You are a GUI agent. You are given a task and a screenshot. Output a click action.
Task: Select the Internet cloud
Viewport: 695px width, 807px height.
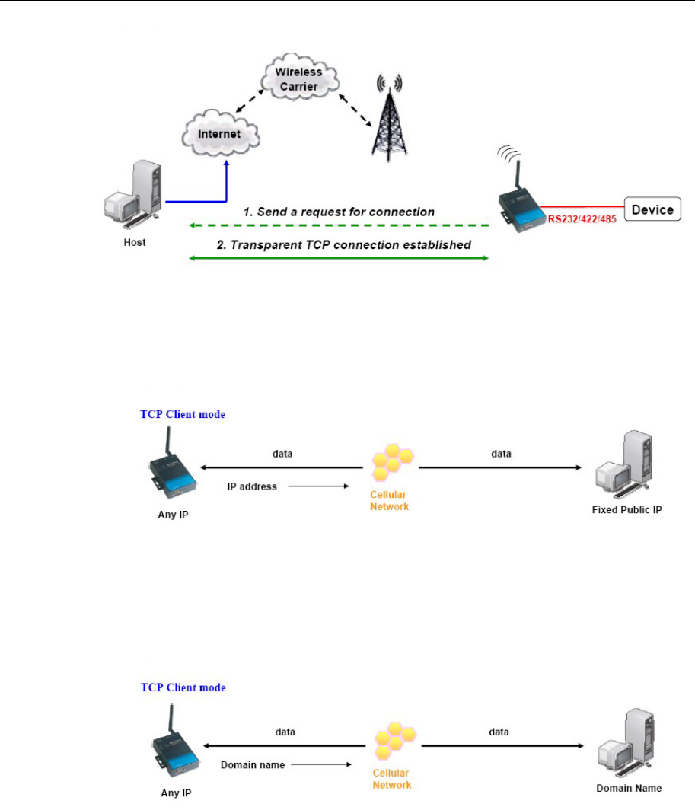pos(219,134)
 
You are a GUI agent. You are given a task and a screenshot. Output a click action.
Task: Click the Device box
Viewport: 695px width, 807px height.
pos(652,209)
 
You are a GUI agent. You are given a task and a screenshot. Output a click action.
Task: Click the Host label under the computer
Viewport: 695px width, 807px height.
pos(134,242)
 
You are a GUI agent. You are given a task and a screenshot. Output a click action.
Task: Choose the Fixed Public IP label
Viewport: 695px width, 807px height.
pos(626,509)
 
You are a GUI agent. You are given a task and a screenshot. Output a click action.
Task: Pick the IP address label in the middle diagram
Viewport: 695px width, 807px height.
pos(252,485)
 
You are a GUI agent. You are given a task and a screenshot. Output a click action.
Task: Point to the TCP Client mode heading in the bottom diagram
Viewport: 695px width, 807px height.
pos(183,687)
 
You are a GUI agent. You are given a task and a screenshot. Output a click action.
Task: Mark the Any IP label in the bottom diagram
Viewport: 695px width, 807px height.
pos(176,793)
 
